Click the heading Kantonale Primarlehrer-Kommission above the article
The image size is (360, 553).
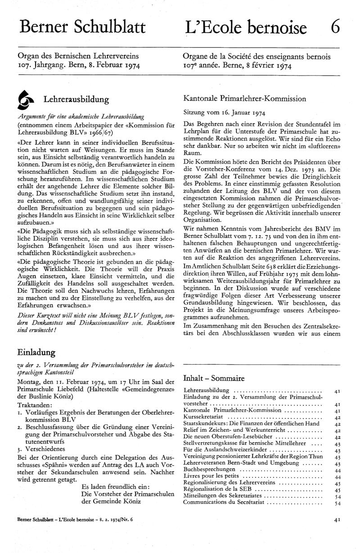click(245, 98)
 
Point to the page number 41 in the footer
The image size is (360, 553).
click(337, 532)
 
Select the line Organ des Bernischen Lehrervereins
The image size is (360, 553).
click(78, 56)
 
